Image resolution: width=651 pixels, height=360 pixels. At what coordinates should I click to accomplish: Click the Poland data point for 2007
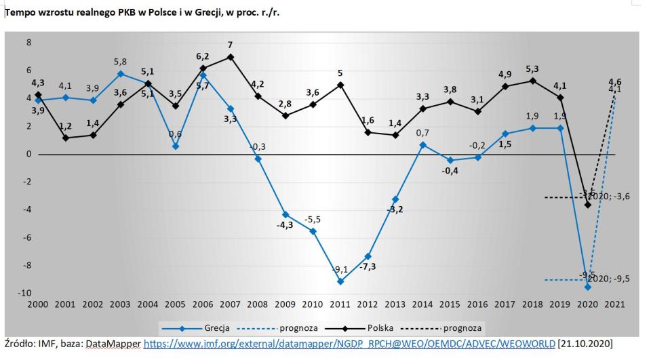(x=231, y=57)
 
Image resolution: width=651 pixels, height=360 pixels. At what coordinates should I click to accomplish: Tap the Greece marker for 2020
(x=588, y=287)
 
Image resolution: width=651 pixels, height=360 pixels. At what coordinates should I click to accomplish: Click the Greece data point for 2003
(x=120, y=73)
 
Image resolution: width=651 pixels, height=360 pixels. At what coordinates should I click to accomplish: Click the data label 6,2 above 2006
(x=202, y=57)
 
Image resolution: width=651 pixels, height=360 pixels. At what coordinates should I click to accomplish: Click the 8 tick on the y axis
(x=29, y=42)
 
